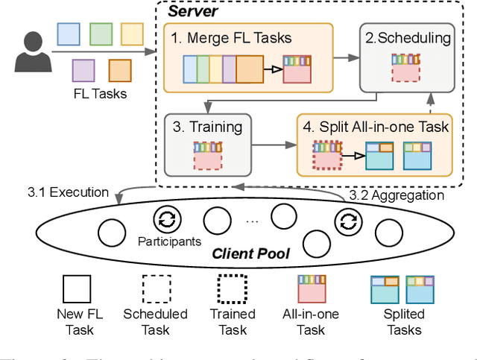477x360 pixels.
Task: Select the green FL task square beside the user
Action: coord(101,34)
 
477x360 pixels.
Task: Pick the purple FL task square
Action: coord(83,70)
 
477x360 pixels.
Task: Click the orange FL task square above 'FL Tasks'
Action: coord(119,70)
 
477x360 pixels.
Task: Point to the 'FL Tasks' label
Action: coord(101,93)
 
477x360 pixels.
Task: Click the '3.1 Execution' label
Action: coord(68,192)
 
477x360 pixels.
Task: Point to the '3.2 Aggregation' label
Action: coord(396,195)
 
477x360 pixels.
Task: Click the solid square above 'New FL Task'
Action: coord(77,288)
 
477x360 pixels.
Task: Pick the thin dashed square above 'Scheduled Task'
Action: coord(157,288)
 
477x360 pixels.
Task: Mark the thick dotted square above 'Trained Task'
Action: coord(233,288)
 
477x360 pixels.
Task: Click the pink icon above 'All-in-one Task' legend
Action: coord(312,288)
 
